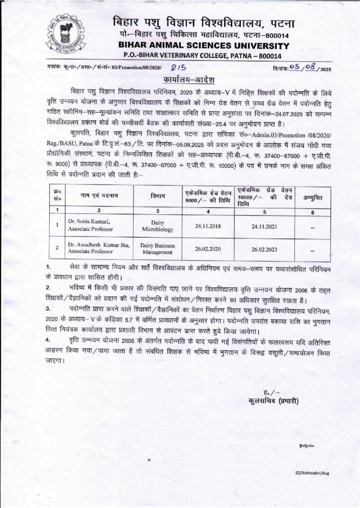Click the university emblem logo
coord(68,36)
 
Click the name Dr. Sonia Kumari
coord(89,221)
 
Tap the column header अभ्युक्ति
coord(313,197)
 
